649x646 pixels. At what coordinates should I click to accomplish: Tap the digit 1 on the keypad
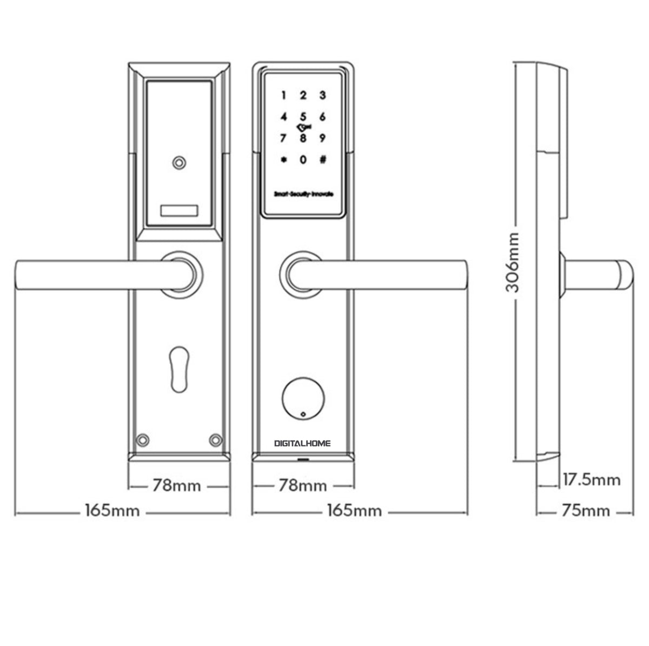point(283,96)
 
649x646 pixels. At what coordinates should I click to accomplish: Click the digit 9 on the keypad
point(323,138)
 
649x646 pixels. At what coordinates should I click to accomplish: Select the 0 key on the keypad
point(303,160)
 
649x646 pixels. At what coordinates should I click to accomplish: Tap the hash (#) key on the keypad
point(323,160)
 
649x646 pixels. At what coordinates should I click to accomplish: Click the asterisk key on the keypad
point(283,160)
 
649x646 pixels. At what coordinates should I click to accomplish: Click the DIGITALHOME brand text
point(302,443)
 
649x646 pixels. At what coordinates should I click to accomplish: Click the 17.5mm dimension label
point(591,479)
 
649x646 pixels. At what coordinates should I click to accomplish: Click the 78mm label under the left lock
point(177,486)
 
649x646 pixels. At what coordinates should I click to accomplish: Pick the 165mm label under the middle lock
point(354,511)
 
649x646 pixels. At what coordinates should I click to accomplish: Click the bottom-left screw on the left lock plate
point(143,440)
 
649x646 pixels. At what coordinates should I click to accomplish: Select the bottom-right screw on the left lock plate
point(216,440)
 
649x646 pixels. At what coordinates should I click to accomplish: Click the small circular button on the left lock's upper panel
point(179,163)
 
